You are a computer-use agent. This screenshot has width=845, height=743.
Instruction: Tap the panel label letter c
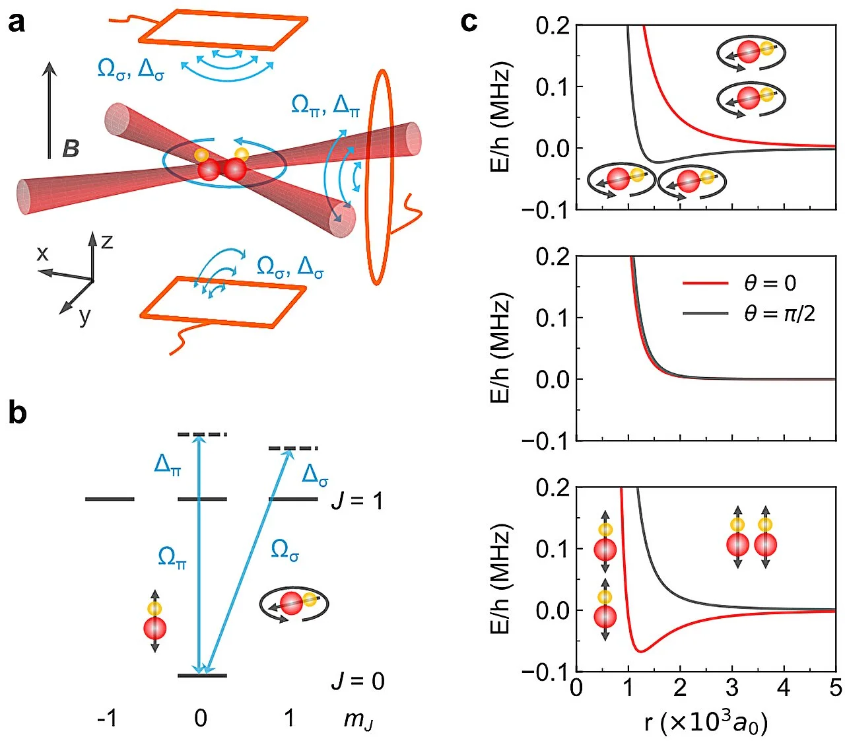point(469,22)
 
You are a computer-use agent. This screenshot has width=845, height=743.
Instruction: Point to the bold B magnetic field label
point(71,149)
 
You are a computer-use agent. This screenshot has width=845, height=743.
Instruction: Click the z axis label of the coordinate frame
point(107,242)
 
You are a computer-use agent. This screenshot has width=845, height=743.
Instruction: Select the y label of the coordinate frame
point(84,316)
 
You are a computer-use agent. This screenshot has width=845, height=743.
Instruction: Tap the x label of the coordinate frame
point(42,253)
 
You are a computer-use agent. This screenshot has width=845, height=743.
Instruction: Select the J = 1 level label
point(357,501)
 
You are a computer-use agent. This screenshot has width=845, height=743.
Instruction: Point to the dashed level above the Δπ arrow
point(202,435)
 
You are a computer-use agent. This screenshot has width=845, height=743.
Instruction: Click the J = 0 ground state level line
point(202,676)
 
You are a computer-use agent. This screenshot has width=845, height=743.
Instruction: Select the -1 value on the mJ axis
point(107,718)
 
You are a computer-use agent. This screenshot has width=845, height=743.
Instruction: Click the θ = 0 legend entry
point(739,283)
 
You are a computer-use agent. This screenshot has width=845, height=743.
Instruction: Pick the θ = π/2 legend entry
point(749,313)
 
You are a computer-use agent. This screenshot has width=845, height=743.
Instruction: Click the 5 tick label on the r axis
point(835,688)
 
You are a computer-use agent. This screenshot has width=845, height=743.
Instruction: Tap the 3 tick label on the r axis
point(732,688)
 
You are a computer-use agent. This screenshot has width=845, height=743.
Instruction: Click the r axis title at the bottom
point(706,722)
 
